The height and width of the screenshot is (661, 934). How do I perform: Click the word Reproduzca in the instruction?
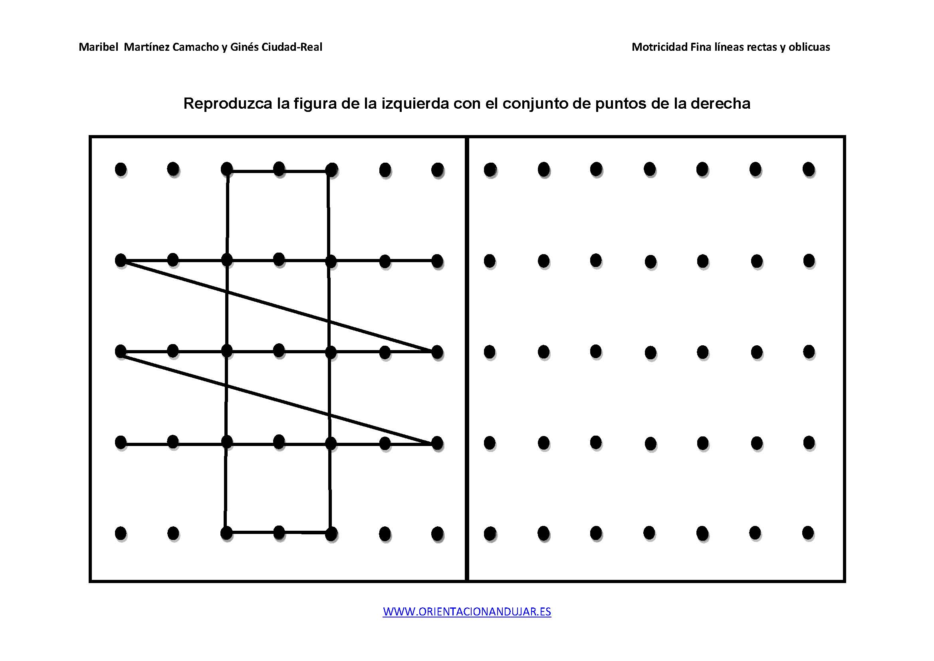pyautogui.click(x=228, y=104)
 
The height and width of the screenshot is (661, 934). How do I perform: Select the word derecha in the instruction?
pyautogui.click(x=720, y=104)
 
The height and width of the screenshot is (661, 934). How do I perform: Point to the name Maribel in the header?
pyautogui.click(x=99, y=47)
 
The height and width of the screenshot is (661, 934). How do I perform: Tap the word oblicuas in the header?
pyautogui.click(x=809, y=47)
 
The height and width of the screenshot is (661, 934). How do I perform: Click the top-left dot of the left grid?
pyautogui.click(x=121, y=169)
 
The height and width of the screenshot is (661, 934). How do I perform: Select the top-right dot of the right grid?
pyautogui.click(x=809, y=169)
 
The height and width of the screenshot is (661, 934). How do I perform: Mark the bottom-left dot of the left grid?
pyautogui.click(x=121, y=533)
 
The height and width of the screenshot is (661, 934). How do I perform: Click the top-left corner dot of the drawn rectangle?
pyautogui.click(x=226, y=169)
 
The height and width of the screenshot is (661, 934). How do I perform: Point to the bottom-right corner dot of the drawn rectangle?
pyautogui.click(x=331, y=533)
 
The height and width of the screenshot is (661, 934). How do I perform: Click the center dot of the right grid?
pyautogui.click(x=650, y=352)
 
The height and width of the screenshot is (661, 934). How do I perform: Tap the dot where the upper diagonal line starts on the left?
pyautogui.click(x=121, y=260)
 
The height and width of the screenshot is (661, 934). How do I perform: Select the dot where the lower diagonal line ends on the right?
pyautogui.click(x=437, y=443)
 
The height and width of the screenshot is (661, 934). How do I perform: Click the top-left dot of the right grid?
pyautogui.click(x=490, y=170)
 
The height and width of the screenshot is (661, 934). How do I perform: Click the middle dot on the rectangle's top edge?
pyautogui.click(x=279, y=169)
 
